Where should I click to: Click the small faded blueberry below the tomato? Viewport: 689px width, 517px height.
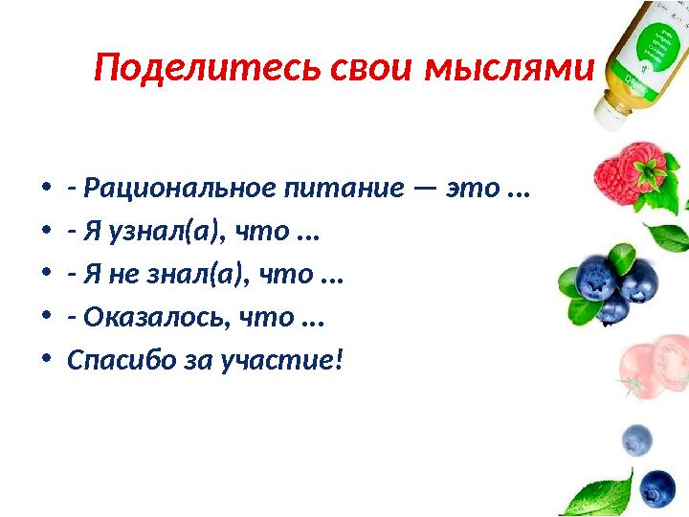point(636,440)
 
